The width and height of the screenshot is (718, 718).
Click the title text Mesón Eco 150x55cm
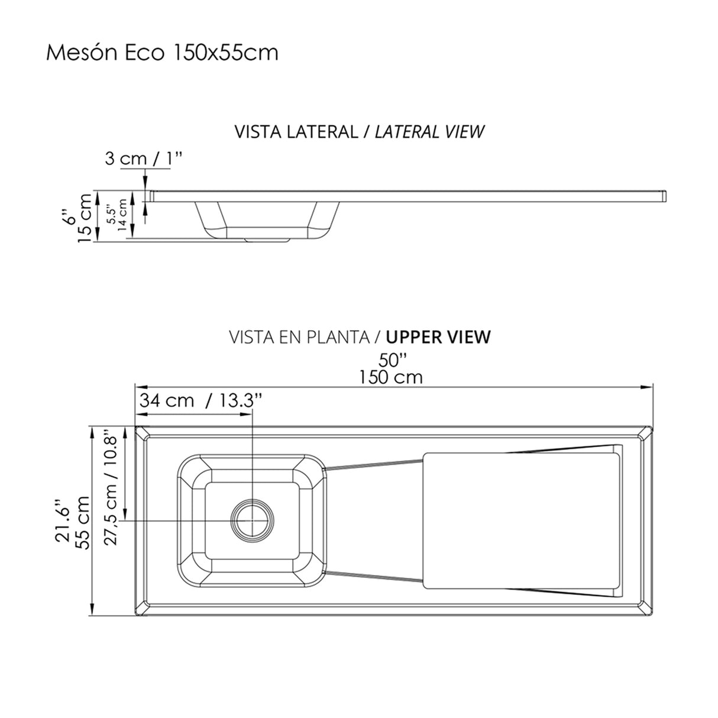tap(162, 53)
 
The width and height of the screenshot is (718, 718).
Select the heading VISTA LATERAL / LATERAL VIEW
tap(359, 131)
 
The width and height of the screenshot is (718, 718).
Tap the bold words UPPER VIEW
tap(438, 337)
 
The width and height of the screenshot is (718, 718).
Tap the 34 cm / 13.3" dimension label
tap(199, 400)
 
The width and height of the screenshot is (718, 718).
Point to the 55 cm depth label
tap(82, 522)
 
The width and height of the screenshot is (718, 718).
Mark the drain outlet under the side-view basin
tap(266, 240)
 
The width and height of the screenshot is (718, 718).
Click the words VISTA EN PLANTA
tap(299, 337)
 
